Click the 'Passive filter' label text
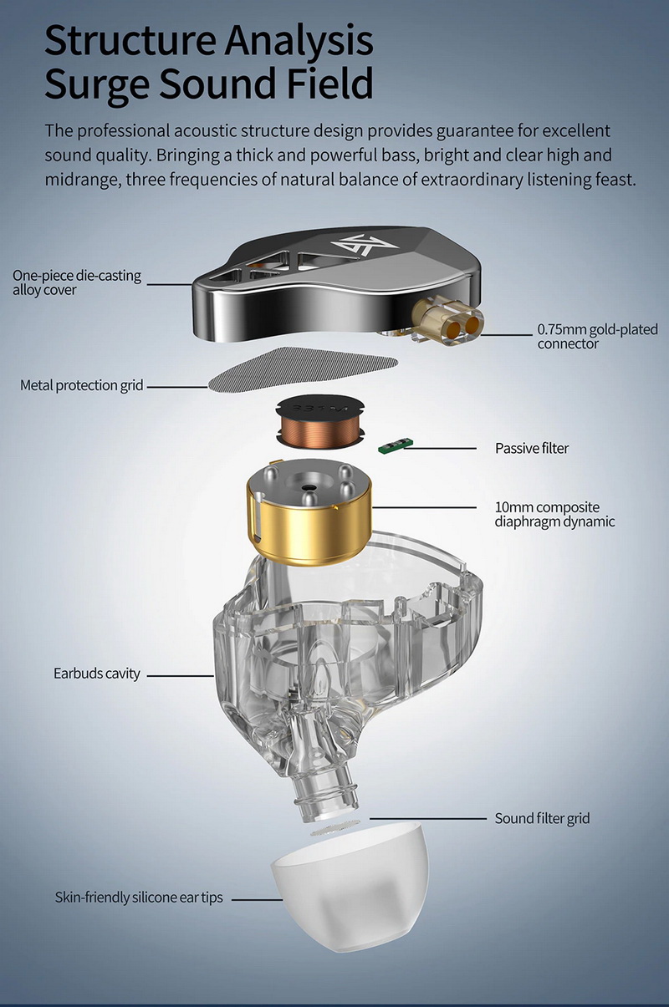(532, 448)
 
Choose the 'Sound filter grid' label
(542, 818)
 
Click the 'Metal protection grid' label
(82, 385)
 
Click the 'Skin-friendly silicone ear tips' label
(139, 898)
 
